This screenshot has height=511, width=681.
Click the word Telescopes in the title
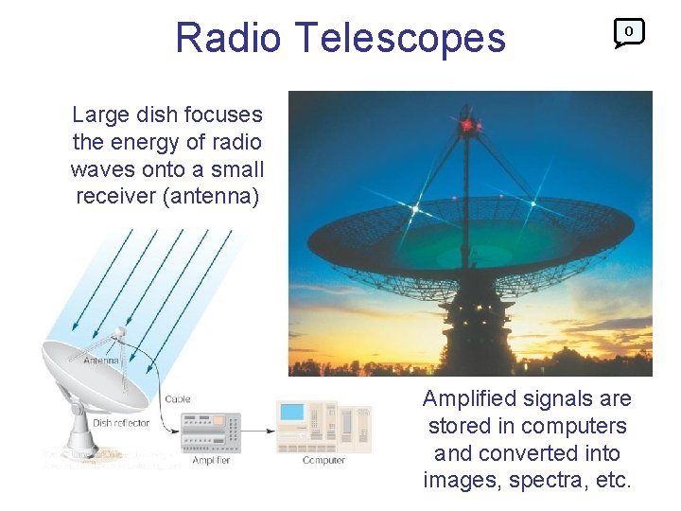pos(400,38)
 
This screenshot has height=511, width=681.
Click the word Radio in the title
pos(228,38)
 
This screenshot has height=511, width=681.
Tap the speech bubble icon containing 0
pos(629,33)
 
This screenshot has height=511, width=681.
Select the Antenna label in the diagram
pos(101,361)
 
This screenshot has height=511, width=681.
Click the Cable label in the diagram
pos(177,399)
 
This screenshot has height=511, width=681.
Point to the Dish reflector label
pos(121,423)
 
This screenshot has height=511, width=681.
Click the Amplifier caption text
pos(211,460)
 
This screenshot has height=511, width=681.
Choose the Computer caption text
pos(323,460)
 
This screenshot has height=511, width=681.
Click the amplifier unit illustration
pos(210,432)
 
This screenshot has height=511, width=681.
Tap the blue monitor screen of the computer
pos(292,413)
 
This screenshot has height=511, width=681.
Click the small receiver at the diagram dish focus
pos(118,333)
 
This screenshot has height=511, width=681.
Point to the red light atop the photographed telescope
pos(466,124)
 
